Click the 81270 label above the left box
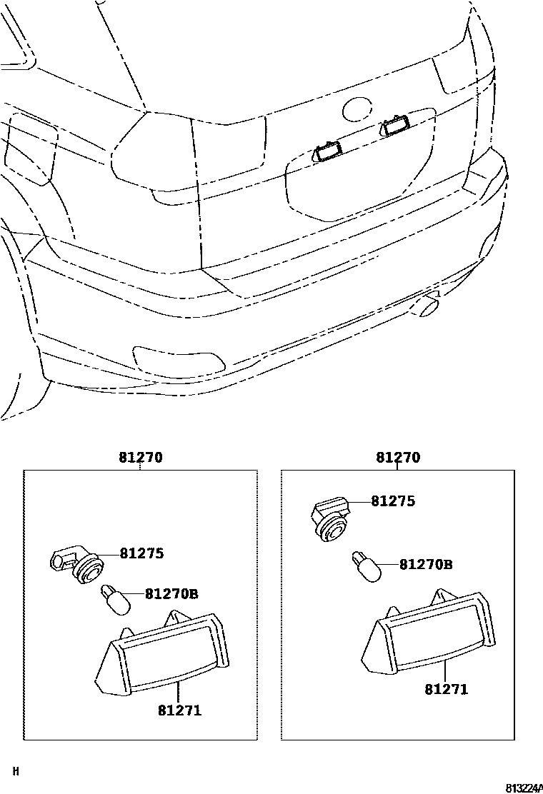point(141,458)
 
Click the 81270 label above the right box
point(398,458)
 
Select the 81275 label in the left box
point(141,553)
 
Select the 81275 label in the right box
point(393,501)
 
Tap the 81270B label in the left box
point(171,593)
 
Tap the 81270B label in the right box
point(426,565)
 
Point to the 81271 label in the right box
point(446,689)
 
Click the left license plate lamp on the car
point(327,151)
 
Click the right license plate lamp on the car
point(394,126)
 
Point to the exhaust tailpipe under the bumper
point(428,305)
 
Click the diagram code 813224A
point(524,788)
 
